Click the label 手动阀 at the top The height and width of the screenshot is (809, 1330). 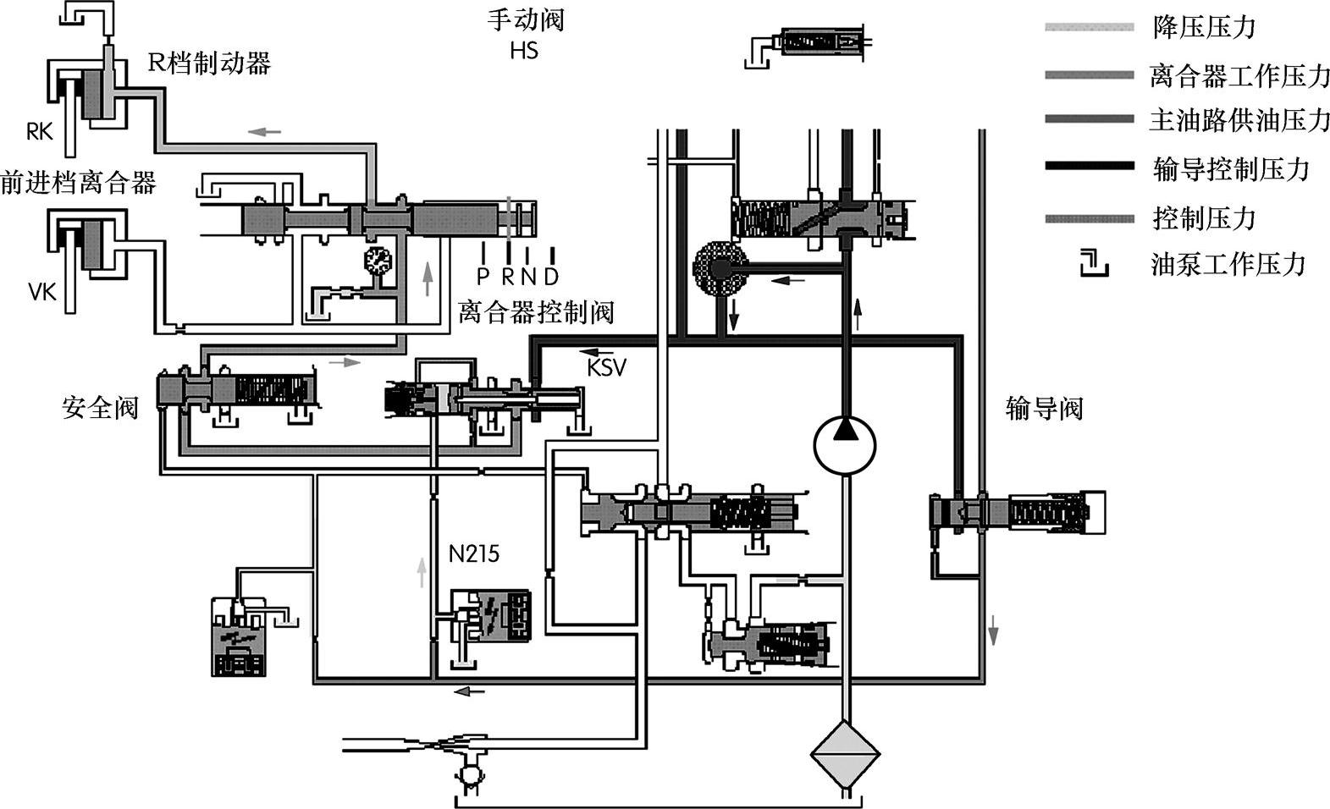tap(526, 19)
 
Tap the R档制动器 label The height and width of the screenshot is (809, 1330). tap(210, 63)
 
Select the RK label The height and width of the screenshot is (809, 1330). tap(40, 131)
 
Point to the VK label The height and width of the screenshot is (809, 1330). tap(42, 291)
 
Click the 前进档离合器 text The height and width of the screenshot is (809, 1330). tap(79, 182)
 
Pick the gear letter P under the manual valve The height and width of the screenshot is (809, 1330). tap(483, 276)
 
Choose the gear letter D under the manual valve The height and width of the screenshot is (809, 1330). tap(552, 276)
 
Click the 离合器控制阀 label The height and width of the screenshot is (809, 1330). tap(536, 311)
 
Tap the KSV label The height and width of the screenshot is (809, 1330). tap(606, 368)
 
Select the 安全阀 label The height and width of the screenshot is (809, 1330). tap(100, 408)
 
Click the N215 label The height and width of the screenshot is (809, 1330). tap(474, 553)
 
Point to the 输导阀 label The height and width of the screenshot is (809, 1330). tap(1045, 409)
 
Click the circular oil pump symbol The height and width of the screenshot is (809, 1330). tap(845, 445)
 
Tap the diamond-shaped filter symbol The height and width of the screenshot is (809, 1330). tap(845, 754)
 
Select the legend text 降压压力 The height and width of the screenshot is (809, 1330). tap(1204, 27)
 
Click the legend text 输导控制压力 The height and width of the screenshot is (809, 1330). tap(1231, 169)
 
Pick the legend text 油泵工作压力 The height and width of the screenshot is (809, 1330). tap(1228, 264)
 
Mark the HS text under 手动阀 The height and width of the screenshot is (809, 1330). tap(524, 51)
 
